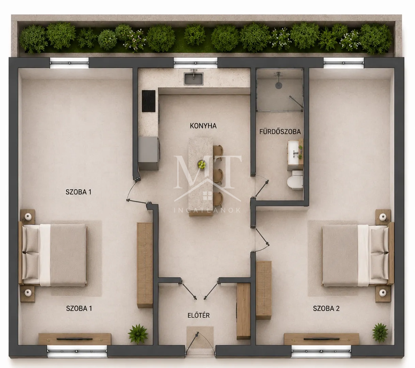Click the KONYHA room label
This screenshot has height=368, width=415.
(x=203, y=126)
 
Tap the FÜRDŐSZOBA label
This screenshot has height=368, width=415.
(x=280, y=132)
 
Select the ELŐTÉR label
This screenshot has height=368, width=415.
(x=199, y=315)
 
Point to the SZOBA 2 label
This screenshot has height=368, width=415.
(x=326, y=308)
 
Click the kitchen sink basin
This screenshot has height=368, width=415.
(x=194, y=79)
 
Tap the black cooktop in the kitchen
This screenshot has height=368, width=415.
(x=149, y=101)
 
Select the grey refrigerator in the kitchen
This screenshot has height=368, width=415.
(x=149, y=153)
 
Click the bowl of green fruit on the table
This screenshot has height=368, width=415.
(x=202, y=164)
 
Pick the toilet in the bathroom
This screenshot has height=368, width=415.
(x=295, y=180)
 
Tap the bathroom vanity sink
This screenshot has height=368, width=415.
(x=293, y=152)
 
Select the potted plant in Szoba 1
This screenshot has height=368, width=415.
(x=138, y=334)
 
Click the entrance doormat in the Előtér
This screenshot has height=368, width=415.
(x=200, y=337)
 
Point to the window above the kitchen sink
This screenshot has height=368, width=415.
(x=196, y=62)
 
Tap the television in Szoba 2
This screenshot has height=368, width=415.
(x=321, y=339)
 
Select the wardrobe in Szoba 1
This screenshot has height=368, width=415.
(x=145, y=265)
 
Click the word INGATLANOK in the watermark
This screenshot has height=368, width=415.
(x=207, y=210)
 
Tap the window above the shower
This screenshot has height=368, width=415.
(x=344, y=63)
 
